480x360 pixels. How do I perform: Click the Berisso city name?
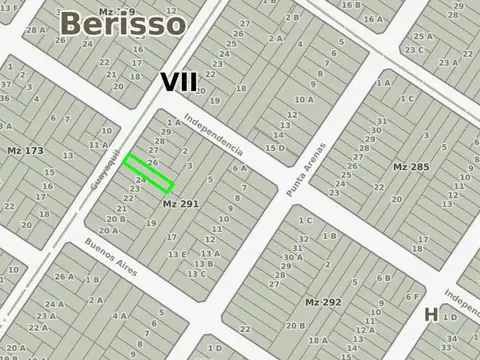pyautogui.click(x=122, y=23)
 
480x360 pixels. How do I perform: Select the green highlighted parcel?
pyautogui.click(x=149, y=172)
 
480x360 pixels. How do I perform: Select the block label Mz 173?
pyautogui.click(x=26, y=151)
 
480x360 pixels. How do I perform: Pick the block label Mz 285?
pyautogui.click(x=411, y=165)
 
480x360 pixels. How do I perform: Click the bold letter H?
pyautogui.click(x=431, y=314)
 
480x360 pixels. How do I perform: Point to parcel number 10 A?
pyautogui.click(x=304, y=100)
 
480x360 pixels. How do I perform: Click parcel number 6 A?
pyautogui.click(x=240, y=168)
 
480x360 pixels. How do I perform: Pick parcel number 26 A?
pyautogui.click(x=64, y=277)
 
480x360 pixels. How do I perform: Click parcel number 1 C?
pyautogui.click(x=305, y=220)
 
